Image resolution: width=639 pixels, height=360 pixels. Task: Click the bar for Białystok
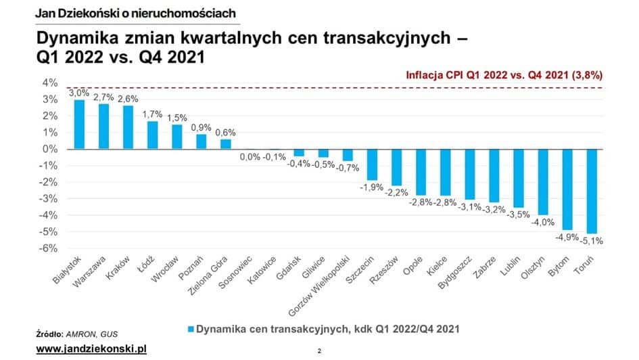point(79,125)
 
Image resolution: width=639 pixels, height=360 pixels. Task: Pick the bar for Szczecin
point(373,164)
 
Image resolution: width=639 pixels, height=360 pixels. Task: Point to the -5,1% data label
point(592,240)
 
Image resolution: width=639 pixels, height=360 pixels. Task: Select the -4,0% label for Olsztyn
point(544,222)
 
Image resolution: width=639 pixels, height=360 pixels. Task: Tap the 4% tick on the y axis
point(49,83)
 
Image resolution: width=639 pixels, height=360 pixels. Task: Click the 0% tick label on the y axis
point(49,150)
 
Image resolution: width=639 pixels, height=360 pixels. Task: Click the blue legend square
point(191,330)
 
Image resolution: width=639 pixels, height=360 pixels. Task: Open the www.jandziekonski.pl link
point(91,348)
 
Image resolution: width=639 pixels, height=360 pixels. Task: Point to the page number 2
point(319,351)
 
